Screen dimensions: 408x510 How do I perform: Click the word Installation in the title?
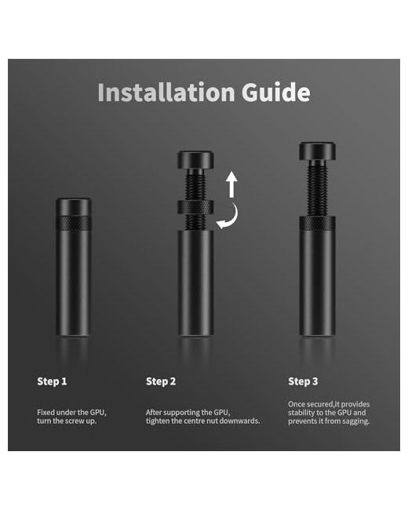[x=166, y=93]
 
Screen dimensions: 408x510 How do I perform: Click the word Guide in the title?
[x=276, y=93]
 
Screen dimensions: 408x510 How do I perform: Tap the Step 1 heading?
[x=52, y=381]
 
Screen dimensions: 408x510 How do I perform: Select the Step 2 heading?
[x=161, y=381]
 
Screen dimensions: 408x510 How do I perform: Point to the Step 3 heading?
[x=303, y=381]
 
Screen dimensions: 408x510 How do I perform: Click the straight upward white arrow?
[x=231, y=184]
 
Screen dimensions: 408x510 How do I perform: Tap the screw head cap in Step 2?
[x=195, y=160]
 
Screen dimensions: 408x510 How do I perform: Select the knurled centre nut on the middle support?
[x=195, y=207]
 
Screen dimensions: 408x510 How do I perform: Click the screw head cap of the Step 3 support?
[x=317, y=151]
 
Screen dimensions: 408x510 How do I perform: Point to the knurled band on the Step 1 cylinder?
[x=74, y=223]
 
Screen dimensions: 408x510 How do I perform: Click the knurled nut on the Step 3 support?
[x=317, y=223]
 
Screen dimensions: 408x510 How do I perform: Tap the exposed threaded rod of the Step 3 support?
[x=317, y=188]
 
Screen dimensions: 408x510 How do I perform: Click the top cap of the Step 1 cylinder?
[x=74, y=206]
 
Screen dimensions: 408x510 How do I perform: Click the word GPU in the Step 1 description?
[x=97, y=413]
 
